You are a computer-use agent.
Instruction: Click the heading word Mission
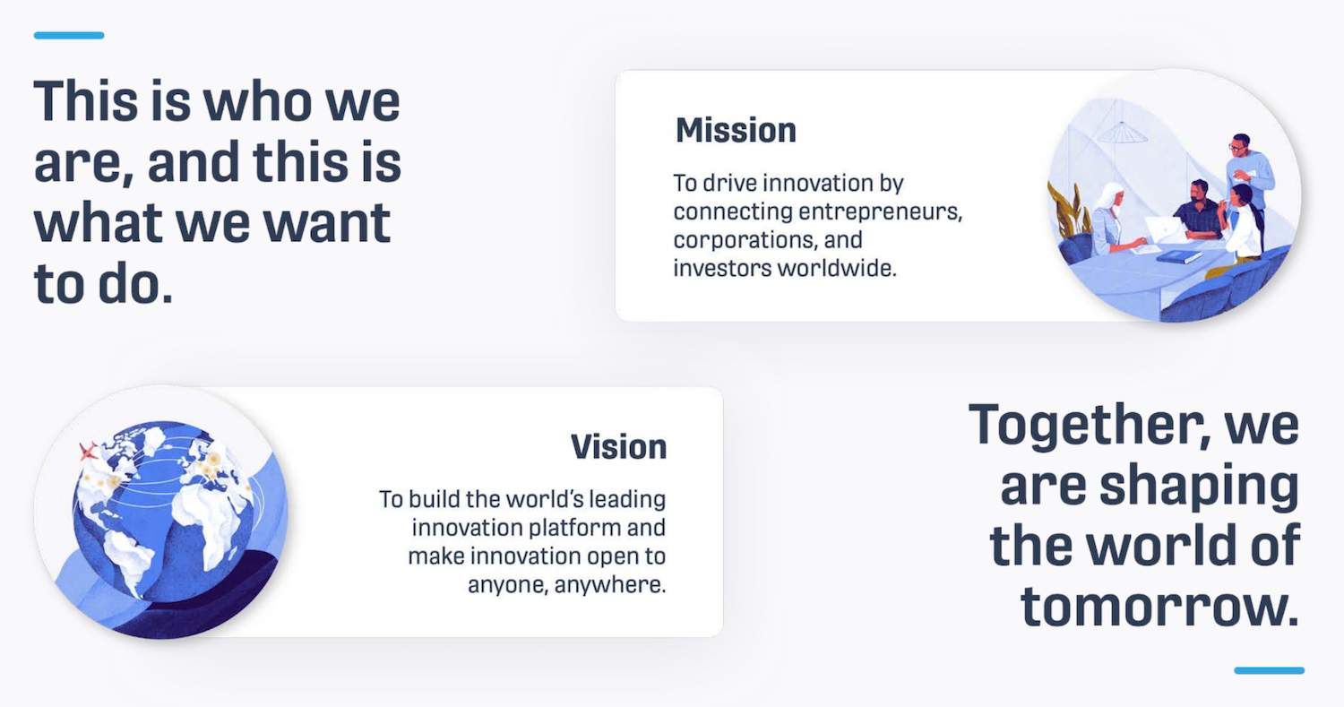[736, 130]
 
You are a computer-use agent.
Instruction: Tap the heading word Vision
[618, 447]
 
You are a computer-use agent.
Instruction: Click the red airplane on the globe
[88, 451]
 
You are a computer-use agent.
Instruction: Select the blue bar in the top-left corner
[69, 36]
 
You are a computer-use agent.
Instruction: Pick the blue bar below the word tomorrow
[1269, 670]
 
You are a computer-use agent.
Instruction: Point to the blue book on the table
[1178, 257]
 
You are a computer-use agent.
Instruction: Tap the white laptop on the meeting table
[1164, 230]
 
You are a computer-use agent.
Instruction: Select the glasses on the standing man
[1237, 147]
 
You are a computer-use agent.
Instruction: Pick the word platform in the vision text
[575, 528]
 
